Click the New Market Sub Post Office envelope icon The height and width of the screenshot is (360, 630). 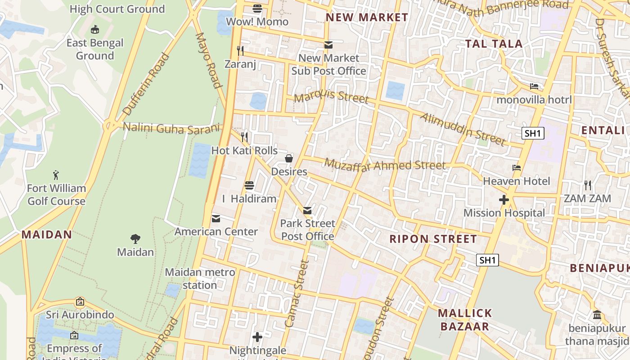tap(328, 45)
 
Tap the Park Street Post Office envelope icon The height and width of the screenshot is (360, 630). tap(307, 210)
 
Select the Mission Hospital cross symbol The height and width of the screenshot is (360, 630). tap(504, 200)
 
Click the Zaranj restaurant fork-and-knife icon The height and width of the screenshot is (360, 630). tap(240, 50)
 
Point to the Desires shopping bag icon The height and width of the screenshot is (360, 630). tap(289, 158)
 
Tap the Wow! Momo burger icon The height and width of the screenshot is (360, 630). tap(257, 8)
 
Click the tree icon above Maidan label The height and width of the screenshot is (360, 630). tap(135, 238)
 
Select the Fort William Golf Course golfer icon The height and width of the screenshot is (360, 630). tap(56, 175)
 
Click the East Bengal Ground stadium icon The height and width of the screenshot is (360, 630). tap(94, 30)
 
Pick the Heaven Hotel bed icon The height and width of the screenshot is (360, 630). tap(517, 168)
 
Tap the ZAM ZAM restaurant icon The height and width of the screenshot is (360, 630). tap(587, 185)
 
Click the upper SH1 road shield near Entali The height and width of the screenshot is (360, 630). tap(533, 133)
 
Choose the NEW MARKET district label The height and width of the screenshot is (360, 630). tap(367, 18)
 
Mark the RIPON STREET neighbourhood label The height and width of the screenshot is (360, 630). tap(433, 239)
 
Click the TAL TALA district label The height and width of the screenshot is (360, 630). tap(494, 44)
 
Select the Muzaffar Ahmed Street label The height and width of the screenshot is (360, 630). tap(385, 165)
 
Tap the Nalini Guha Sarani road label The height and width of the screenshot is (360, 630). tap(172, 128)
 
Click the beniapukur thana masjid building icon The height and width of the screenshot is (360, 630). tap(597, 315)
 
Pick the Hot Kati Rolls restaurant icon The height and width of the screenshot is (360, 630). tap(244, 137)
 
